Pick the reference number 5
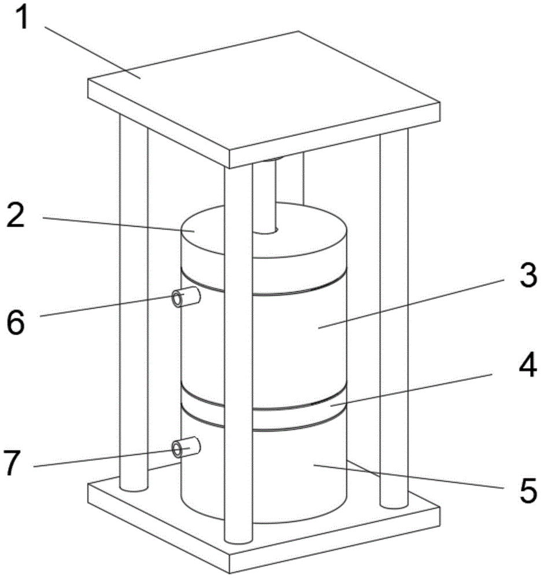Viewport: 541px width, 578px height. [528, 490]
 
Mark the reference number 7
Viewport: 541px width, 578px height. [12, 462]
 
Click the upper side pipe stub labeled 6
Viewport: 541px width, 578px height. [186, 297]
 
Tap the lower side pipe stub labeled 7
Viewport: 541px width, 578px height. [186, 447]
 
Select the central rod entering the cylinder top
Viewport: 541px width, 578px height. [265, 196]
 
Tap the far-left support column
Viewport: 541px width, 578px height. [134, 302]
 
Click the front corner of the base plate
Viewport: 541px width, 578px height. [230, 573]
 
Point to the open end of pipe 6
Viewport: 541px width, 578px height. [177, 298]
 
